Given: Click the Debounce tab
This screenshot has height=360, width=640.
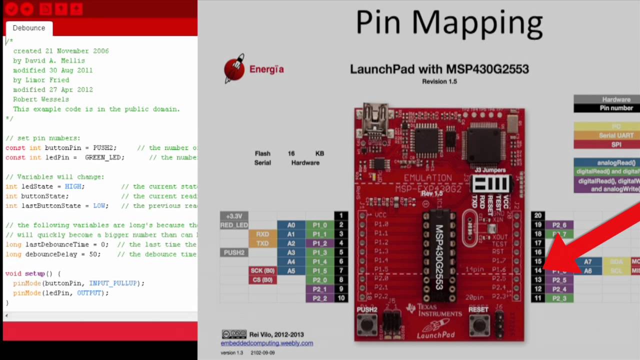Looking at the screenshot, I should pyautogui.click(x=28, y=28).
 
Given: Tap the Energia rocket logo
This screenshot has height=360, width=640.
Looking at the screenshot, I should pyautogui.click(x=234, y=68).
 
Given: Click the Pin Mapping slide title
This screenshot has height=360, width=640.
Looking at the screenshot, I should pyautogui.click(x=449, y=23).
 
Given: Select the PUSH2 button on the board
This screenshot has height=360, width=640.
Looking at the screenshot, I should pyautogui.click(x=367, y=325).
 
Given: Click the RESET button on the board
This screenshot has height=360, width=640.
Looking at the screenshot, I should pyautogui.click(x=478, y=325).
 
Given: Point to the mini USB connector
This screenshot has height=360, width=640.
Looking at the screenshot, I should pyautogui.click(x=375, y=113).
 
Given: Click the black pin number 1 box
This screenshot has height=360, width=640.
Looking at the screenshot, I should pyautogui.click(x=341, y=216).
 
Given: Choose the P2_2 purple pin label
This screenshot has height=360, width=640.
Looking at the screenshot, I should pyautogui.click(x=319, y=298).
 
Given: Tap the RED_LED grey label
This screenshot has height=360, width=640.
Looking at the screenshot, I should pyautogui.click(x=234, y=225).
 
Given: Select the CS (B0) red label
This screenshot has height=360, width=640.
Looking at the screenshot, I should pyautogui.click(x=262, y=280).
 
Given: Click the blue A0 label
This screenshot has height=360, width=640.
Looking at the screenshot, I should pyautogui.click(x=291, y=225).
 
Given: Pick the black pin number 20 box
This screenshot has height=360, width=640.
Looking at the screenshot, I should pyautogui.click(x=537, y=216).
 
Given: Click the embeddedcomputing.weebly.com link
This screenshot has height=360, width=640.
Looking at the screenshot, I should pyautogui.click(x=267, y=343).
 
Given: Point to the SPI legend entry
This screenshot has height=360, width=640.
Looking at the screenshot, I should pyautogui.click(x=616, y=144).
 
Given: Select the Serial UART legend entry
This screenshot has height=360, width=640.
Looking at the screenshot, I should pyautogui.click(x=616, y=135).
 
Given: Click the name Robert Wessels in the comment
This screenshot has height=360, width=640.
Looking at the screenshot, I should pyautogui.click(x=41, y=99).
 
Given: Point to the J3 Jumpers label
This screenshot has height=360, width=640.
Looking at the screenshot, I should pyautogui.click(x=490, y=170).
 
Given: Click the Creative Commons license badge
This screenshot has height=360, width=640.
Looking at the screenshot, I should pyautogui.click(x=233, y=334).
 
